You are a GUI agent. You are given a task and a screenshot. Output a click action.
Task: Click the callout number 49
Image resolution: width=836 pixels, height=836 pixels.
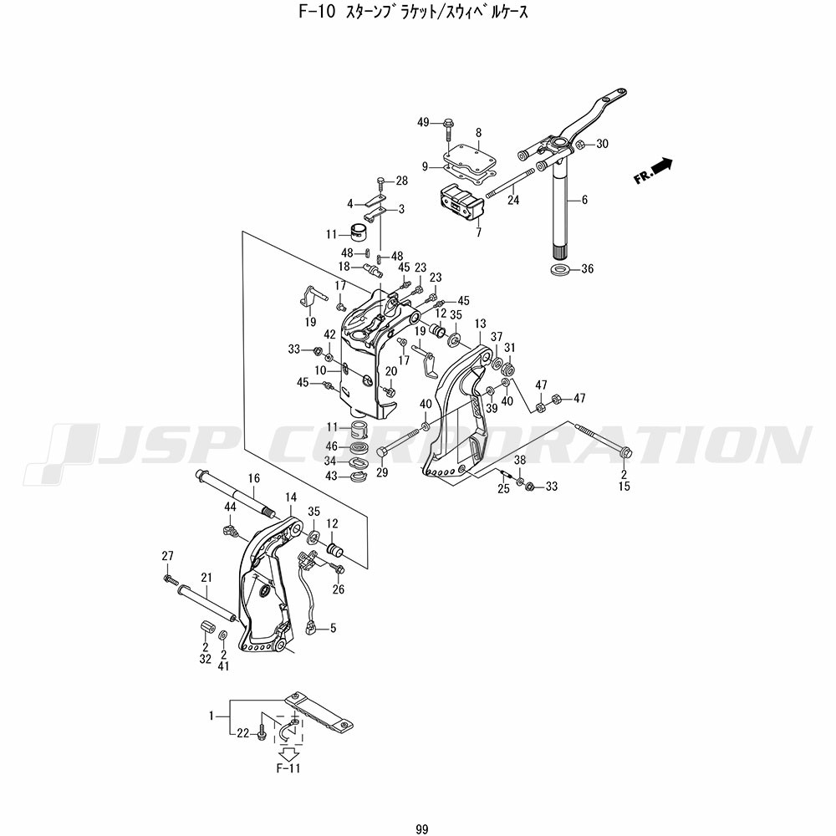(423, 123)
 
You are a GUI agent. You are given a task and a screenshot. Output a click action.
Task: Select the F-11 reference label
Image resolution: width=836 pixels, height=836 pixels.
(288, 767)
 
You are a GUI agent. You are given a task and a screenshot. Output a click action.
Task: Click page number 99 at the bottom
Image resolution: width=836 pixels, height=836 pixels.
(421, 828)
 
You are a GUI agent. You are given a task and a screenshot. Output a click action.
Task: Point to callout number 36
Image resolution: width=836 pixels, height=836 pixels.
(588, 269)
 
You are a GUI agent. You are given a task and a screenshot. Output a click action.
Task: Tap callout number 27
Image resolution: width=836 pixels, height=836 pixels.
(167, 556)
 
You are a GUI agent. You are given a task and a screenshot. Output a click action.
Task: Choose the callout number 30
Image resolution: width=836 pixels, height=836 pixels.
(602, 144)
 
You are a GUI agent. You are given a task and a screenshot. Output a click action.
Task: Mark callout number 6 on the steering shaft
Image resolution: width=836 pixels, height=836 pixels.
(584, 200)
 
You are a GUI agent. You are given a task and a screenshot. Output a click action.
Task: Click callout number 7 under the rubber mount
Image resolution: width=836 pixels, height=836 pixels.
(478, 233)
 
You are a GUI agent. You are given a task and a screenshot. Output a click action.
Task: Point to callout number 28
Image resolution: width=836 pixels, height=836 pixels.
(402, 181)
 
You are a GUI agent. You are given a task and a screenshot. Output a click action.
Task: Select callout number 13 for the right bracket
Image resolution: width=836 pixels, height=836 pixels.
(480, 324)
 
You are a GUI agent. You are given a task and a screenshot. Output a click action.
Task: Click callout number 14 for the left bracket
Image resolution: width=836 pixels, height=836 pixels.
(291, 497)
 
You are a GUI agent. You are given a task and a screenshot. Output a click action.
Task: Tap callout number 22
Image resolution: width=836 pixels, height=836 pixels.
(243, 733)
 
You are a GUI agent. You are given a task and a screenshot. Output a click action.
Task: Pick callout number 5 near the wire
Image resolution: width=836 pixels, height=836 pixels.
(333, 628)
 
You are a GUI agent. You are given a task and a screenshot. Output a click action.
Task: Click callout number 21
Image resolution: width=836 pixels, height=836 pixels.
(206, 577)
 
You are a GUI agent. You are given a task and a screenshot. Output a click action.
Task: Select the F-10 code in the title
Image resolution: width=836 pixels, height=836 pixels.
(319, 13)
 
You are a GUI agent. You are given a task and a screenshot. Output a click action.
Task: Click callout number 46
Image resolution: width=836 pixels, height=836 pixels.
(331, 446)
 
